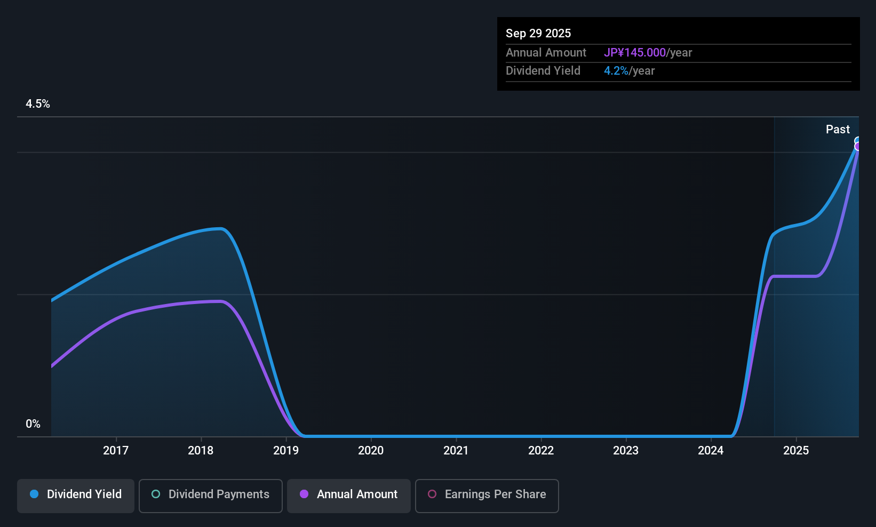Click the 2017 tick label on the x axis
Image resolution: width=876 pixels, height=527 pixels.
(x=116, y=451)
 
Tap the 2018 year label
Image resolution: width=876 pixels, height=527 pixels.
(x=201, y=451)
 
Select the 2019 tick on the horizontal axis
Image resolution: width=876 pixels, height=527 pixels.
(x=286, y=451)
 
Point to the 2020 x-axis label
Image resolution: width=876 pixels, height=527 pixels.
(x=371, y=451)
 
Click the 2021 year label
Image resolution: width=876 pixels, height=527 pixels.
(x=456, y=451)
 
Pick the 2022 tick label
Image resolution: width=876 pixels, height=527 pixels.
(x=541, y=451)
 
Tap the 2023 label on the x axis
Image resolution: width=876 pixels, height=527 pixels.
(x=626, y=451)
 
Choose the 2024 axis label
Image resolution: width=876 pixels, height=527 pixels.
(x=711, y=451)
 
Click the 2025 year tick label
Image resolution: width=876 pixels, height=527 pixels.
(x=796, y=451)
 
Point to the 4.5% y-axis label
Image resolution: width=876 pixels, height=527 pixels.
(x=38, y=104)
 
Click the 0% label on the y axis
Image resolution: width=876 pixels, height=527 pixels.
(x=33, y=424)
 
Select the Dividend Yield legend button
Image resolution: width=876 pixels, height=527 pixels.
(x=76, y=494)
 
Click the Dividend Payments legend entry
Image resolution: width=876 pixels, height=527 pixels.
(x=210, y=494)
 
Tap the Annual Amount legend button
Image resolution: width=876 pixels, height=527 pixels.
(x=349, y=494)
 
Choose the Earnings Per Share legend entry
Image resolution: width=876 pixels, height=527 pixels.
(x=487, y=494)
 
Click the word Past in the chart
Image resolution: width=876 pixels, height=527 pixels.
(x=838, y=130)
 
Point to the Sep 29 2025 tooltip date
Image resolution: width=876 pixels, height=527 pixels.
(x=538, y=34)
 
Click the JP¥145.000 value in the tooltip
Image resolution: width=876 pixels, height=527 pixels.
(x=635, y=53)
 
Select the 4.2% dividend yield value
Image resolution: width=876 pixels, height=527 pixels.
(x=616, y=71)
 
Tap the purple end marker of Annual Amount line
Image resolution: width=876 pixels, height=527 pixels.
(x=858, y=147)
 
